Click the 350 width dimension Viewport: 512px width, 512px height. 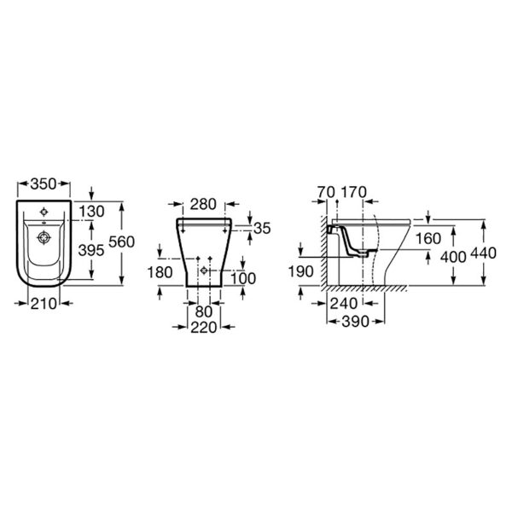44,184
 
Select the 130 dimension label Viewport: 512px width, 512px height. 91,212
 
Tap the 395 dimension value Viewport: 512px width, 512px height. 91,250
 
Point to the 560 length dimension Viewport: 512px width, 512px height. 121,242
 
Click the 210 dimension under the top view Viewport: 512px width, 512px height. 44,304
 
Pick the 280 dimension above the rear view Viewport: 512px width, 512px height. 203,205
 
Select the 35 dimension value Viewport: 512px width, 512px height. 262,229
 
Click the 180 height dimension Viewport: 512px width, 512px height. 160,272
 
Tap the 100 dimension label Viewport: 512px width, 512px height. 243,278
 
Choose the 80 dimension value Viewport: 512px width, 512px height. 204,311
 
